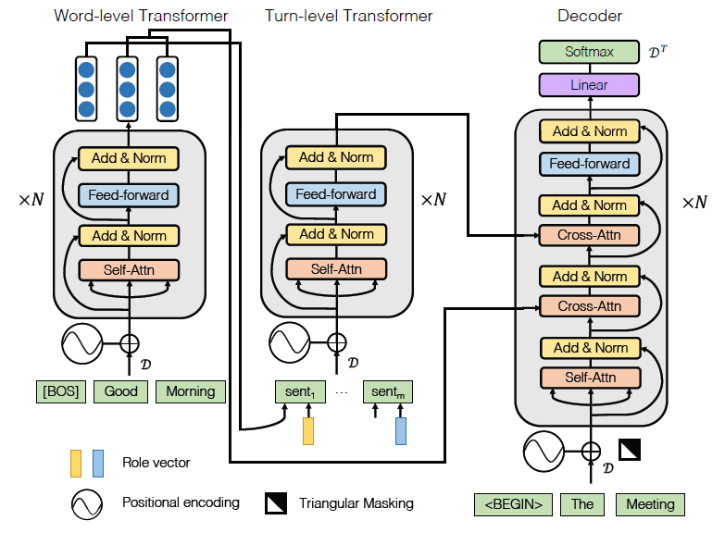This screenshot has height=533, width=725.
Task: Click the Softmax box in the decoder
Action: point(589,53)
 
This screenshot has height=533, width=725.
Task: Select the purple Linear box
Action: point(589,85)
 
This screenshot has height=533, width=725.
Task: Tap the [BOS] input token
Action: point(61,391)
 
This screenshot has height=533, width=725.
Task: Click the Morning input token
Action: point(190,391)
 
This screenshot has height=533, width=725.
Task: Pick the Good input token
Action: point(120,391)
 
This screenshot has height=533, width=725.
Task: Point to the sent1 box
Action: point(300,391)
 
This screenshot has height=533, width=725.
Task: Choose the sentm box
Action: point(387,391)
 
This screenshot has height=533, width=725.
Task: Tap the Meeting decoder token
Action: point(650,504)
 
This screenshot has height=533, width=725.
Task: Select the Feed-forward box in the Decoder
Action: point(590,164)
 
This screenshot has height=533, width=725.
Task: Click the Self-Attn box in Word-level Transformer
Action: point(129,270)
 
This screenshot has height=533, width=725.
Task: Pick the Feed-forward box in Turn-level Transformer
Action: point(336,194)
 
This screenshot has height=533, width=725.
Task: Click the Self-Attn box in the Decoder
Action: point(590,378)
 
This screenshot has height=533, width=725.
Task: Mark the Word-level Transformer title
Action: point(141,16)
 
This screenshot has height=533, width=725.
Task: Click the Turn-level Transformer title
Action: point(348,16)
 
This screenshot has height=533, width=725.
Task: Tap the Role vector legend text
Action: point(156,462)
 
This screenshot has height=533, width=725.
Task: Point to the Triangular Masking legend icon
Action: point(275,503)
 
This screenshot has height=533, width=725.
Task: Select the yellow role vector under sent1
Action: point(308,431)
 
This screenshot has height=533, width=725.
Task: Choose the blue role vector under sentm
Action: point(401,431)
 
